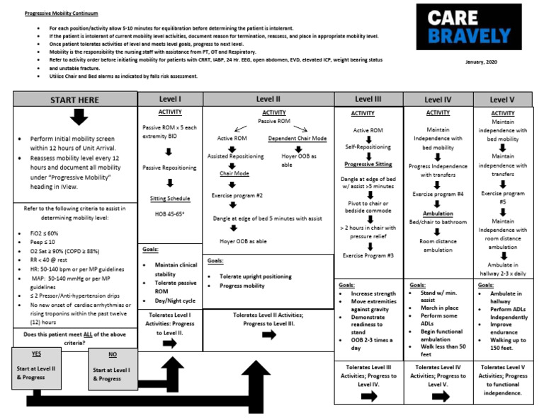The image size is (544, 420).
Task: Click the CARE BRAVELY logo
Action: [x=463, y=28]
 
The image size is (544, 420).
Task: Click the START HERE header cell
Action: [x=74, y=100]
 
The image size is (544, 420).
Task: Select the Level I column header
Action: [x=170, y=98]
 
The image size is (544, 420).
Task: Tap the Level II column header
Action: [x=268, y=98]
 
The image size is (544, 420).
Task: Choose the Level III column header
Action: [x=368, y=99]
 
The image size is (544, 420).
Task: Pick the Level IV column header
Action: [x=438, y=100]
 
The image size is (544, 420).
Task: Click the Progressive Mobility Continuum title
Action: [x=62, y=13]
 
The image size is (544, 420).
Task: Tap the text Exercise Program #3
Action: [x=368, y=255]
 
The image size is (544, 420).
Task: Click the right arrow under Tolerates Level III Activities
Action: [x=368, y=397]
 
